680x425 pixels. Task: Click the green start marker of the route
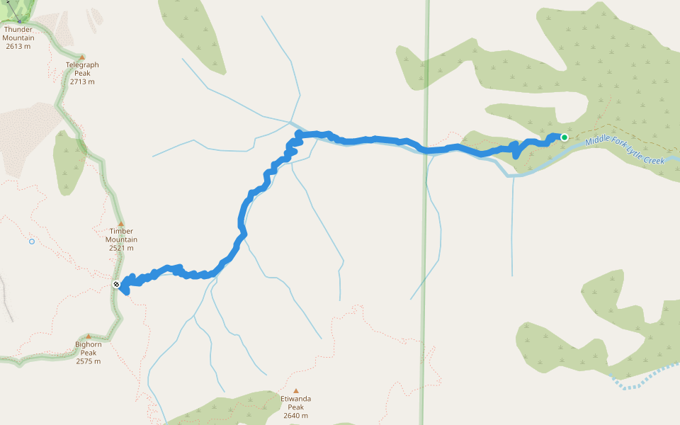(565, 137)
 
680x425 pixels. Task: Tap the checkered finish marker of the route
(116, 285)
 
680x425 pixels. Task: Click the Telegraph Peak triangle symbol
(82, 57)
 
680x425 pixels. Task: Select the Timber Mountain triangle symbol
(121, 224)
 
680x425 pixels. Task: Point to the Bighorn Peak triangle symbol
(89, 336)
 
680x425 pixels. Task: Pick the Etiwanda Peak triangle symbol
(296, 391)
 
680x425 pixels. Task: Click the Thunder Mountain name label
(18, 34)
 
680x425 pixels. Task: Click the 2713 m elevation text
(82, 81)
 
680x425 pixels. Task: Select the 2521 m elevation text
(121, 248)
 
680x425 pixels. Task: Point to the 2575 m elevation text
(89, 361)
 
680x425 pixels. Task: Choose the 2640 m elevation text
(296, 416)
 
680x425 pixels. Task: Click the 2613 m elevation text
(18, 47)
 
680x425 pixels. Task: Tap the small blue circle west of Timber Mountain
(32, 242)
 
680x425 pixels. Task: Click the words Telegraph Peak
(82, 69)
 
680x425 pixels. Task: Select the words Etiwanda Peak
(296, 403)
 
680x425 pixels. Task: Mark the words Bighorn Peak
(89, 348)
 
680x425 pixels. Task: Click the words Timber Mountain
(121, 235)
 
